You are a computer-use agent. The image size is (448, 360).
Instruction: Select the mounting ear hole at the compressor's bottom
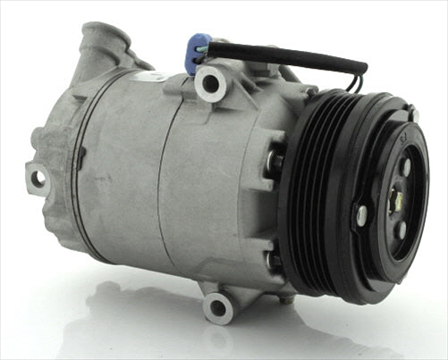[217, 308]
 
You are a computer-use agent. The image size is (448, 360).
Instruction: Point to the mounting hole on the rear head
[38, 179]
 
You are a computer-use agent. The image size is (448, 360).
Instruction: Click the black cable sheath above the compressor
[286, 55]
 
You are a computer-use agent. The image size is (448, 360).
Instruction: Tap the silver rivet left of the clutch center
[361, 213]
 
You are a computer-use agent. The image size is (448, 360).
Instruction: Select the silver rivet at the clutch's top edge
[413, 116]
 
